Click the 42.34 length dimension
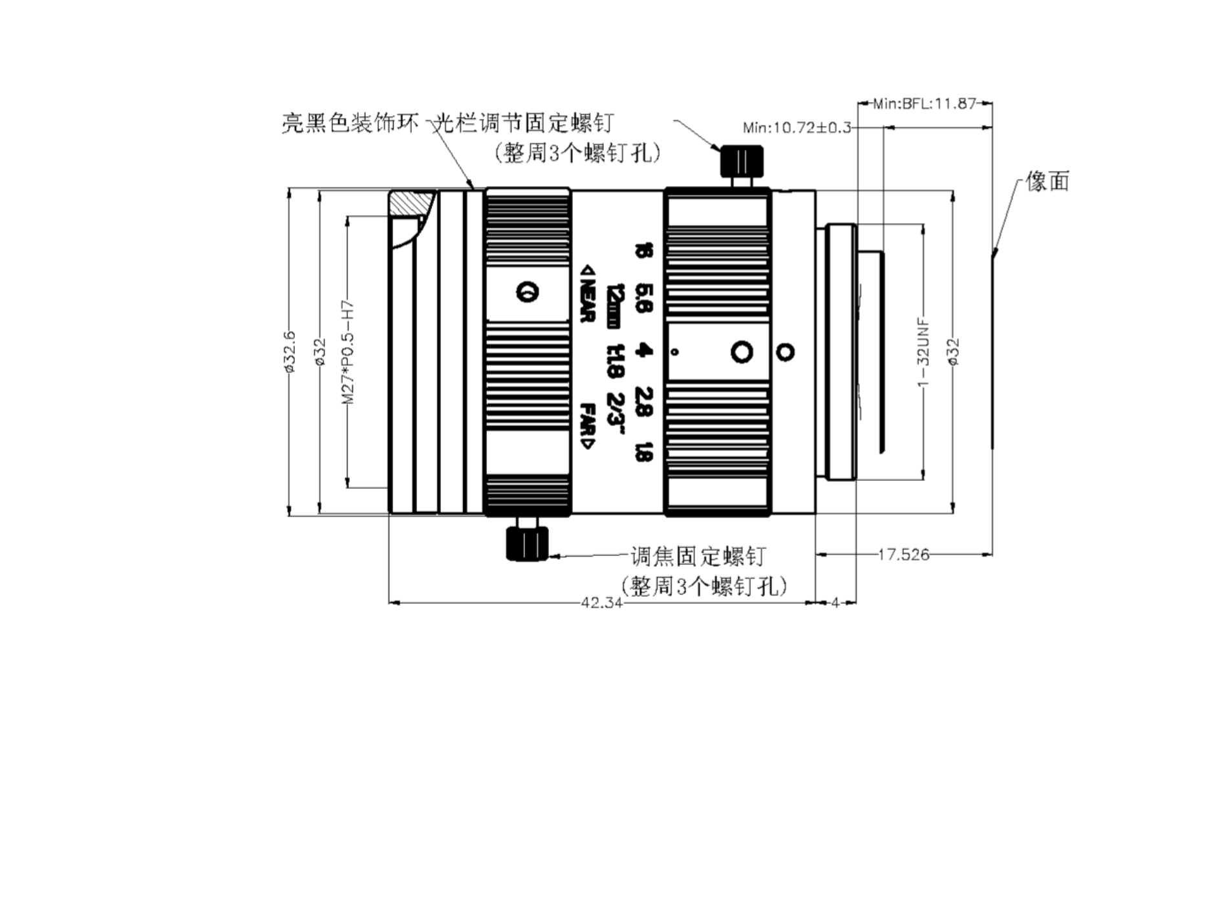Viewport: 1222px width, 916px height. pyautogui.click(x=601, y=602)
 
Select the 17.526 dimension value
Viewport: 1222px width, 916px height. pyautogui.click(x=903, y=554)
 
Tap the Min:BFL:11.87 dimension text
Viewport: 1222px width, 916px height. pyautogui.click(x=924, y=103)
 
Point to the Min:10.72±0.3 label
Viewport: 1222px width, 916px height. pyautogui.click(x=797, y=127)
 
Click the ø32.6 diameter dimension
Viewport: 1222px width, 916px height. pyautogui.click(x=289, y=352)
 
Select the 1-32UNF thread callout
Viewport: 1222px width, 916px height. pyautogui.click(x=923, y=352)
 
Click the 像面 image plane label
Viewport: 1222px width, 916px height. pyautogui.click(x=1047, y=182)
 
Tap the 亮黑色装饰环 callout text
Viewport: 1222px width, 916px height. pyautogui.click(x=350, y=122)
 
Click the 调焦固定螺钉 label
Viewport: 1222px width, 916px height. pyautogui.click(x=698, y=556)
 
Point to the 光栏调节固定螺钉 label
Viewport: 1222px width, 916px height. pyautogui.click(x=522, y=122)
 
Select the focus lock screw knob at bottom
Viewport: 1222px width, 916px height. pyautogui.click(x=526, y=543)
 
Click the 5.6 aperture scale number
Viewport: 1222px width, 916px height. pyautogui.click(x=644, y=298)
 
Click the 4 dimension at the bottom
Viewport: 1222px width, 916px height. pyautogui.click(x=835, y=602)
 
